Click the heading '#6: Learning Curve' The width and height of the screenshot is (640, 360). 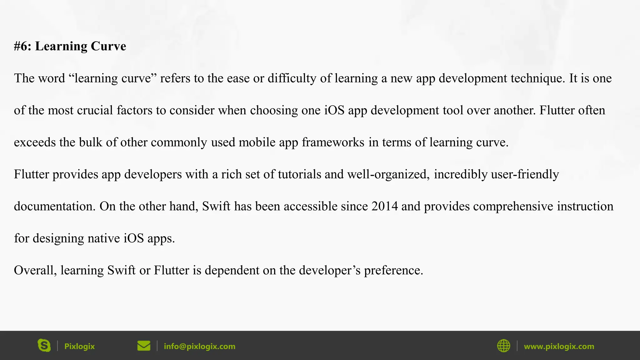pyautogui.click(x=70, y=46)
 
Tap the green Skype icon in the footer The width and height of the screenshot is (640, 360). pyautogui.click(x=44, y=346)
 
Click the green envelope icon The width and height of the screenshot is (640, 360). pyautogui.click(x=144, y=346)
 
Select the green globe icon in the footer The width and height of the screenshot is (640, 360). pyautogui.click(x=503, y=346)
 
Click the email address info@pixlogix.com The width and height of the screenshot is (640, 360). pyautogui.click(x=199, y=346)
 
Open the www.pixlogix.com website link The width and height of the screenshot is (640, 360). pyautogui.click(x=559, y=346)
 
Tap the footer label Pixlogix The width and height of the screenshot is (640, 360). pyautogui.click(x=79, y=346)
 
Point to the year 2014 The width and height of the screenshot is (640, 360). pyautogui.click(x=384, y=206)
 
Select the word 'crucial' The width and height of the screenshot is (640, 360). pyautogui.click(x=95, y=110)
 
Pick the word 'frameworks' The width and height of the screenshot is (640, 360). pyautogui.click(x=333, y=142)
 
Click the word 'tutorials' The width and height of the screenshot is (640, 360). pyautogui.click(x=299, y=174)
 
